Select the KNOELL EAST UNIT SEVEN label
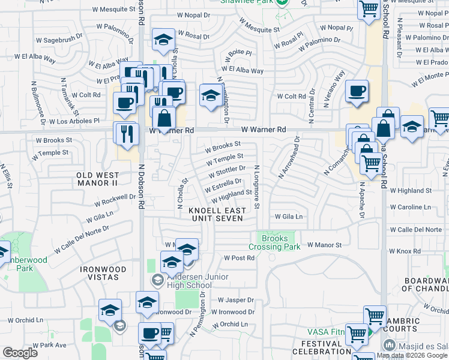(217, 214)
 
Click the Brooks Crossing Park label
(275, 242)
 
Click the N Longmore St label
(256, 187)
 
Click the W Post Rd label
(240, 258)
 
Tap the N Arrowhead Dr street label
(289, 157)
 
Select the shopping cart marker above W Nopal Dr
(369, 9)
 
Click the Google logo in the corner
(20, 352)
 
